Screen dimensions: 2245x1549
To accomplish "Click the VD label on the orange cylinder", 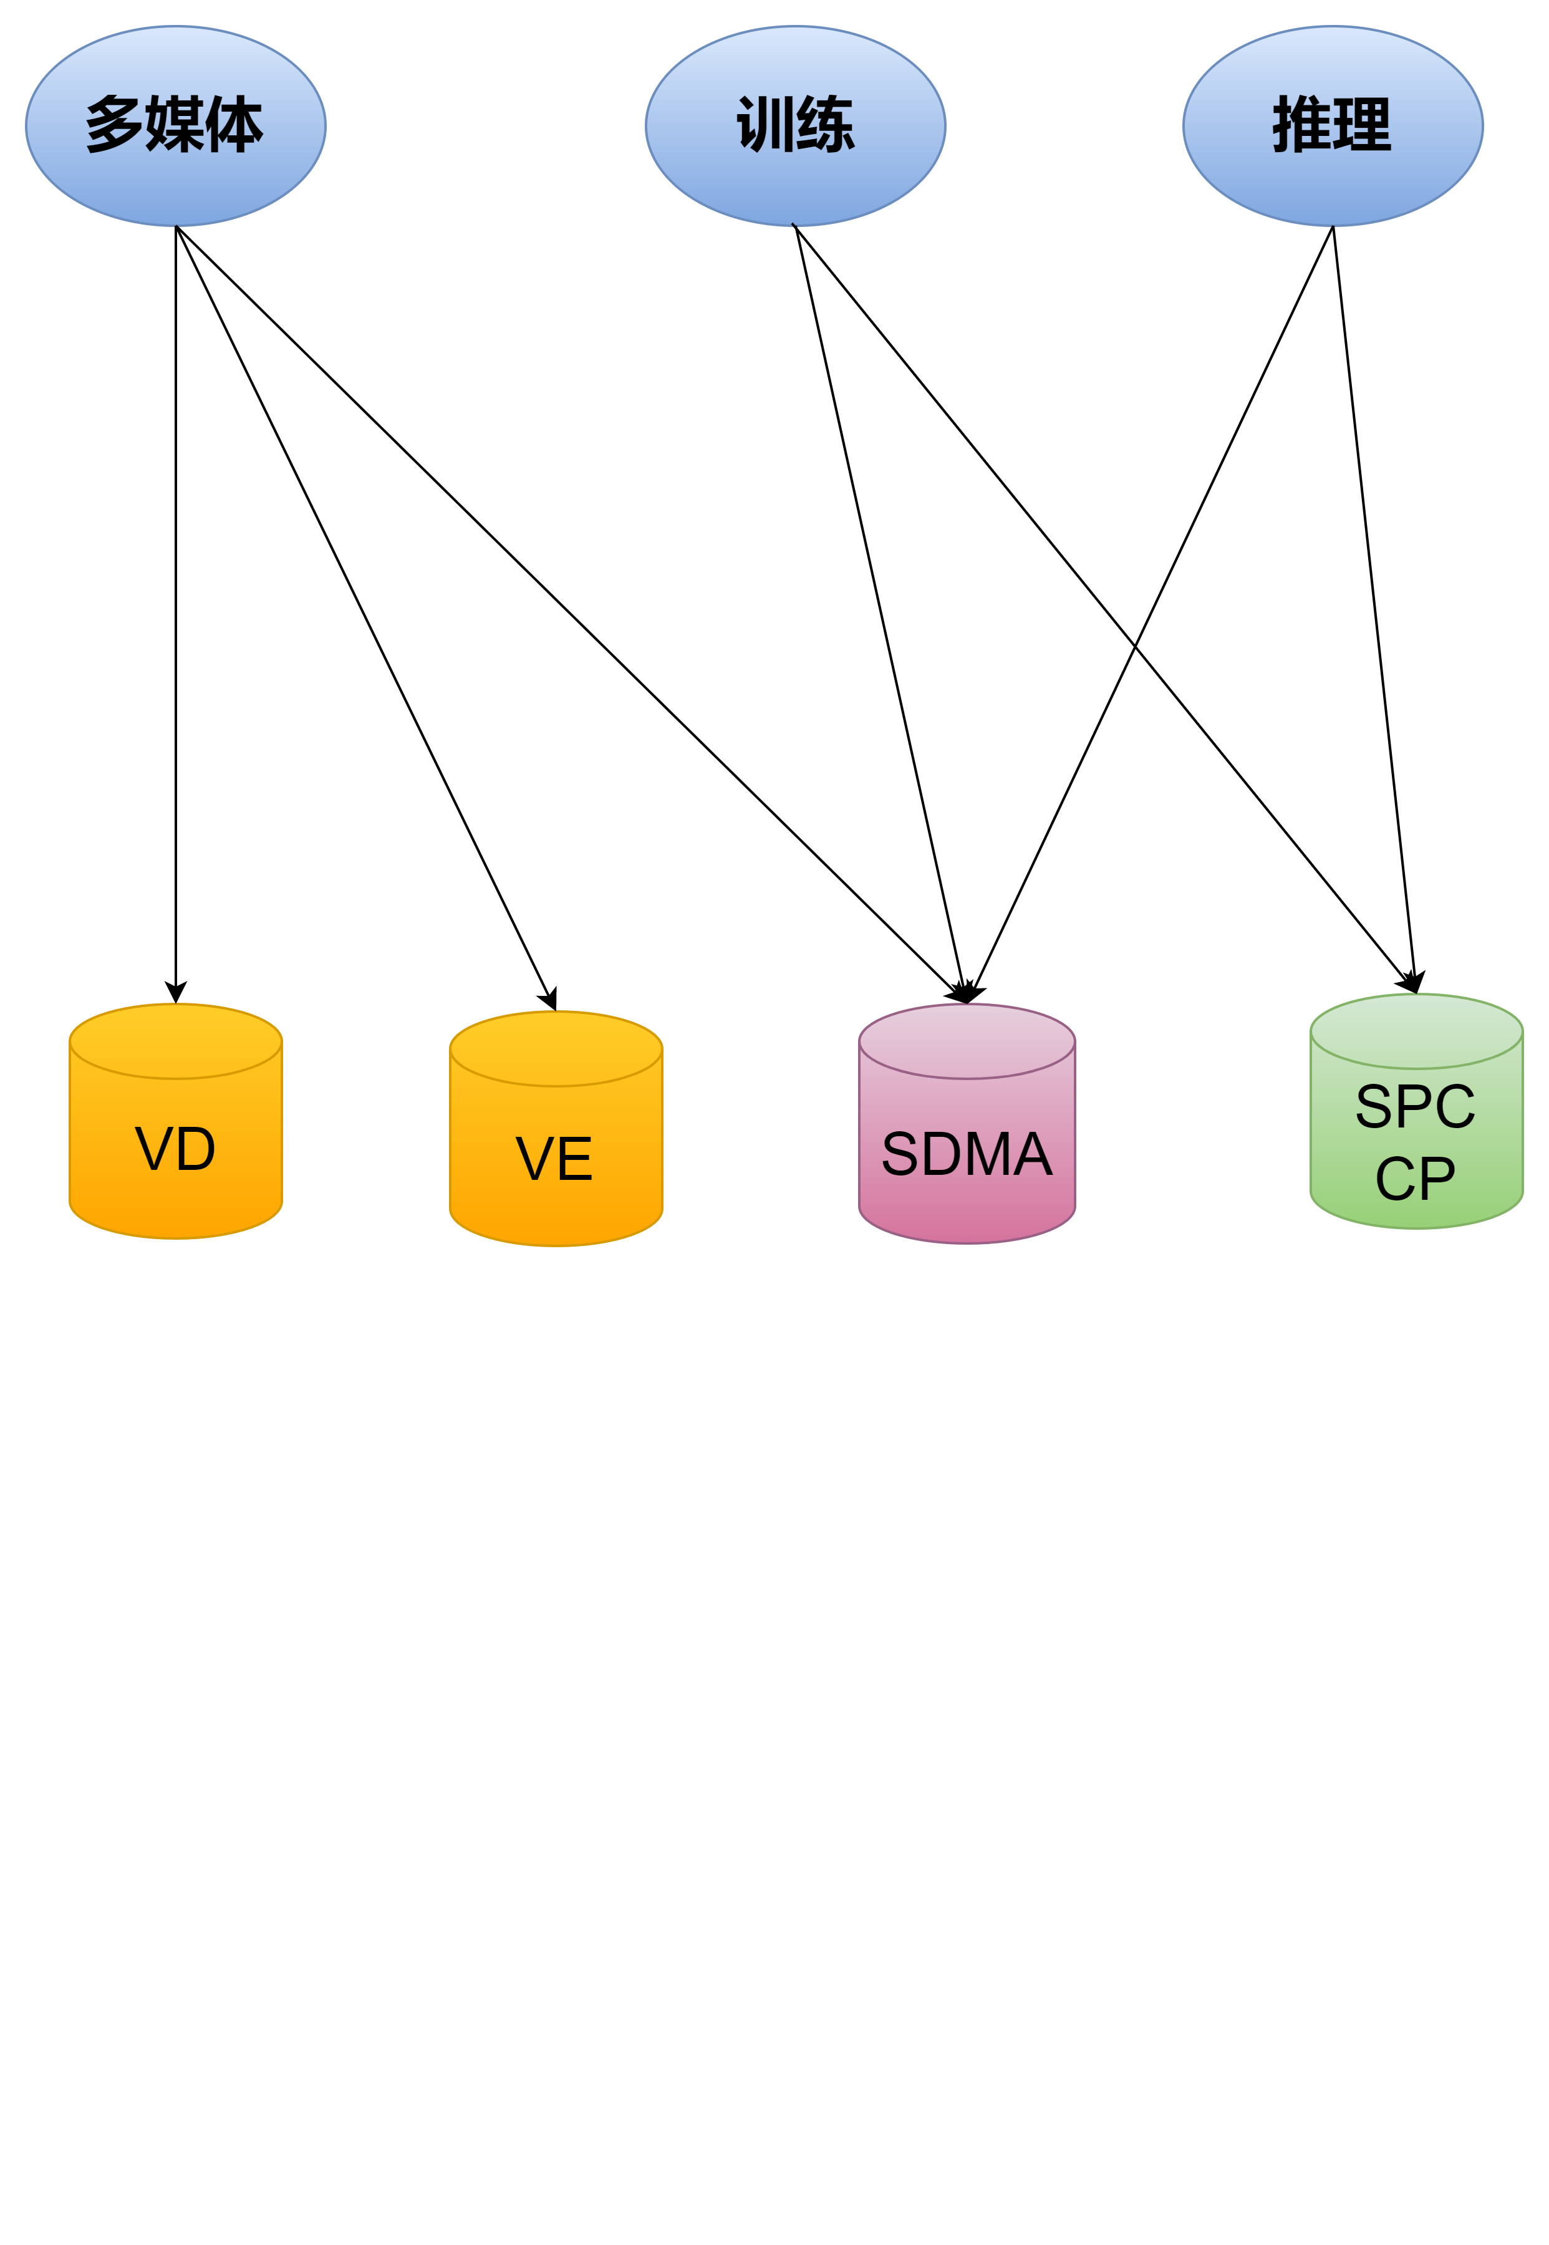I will tap(176, 1149).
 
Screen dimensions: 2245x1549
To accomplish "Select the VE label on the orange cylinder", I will tap(554, 1159).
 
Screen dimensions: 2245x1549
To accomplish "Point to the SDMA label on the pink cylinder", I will tap(967, 1154).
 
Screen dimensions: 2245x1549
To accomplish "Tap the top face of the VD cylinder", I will tap(176, 1040).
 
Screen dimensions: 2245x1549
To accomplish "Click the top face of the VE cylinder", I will tap(556, 1048).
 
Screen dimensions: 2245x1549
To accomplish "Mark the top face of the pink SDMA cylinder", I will tap(967, 1040).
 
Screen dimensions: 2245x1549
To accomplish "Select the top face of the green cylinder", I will tap(1416, 1031).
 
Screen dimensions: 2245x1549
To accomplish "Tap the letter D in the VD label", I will tap(195, 1149).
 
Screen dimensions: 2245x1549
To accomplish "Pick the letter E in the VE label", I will tap(574, 1159).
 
